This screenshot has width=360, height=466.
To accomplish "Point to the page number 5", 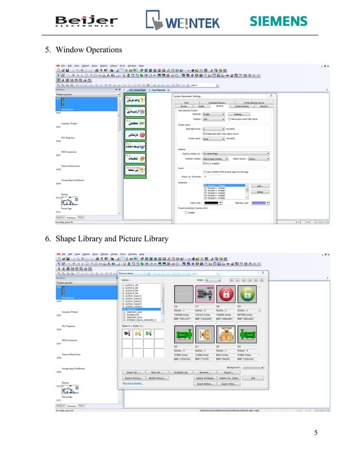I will (x=316, y=433).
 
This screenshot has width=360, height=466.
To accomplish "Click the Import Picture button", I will (x=134, y=378).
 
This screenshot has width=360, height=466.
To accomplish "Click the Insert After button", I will (x=232, y=384).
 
